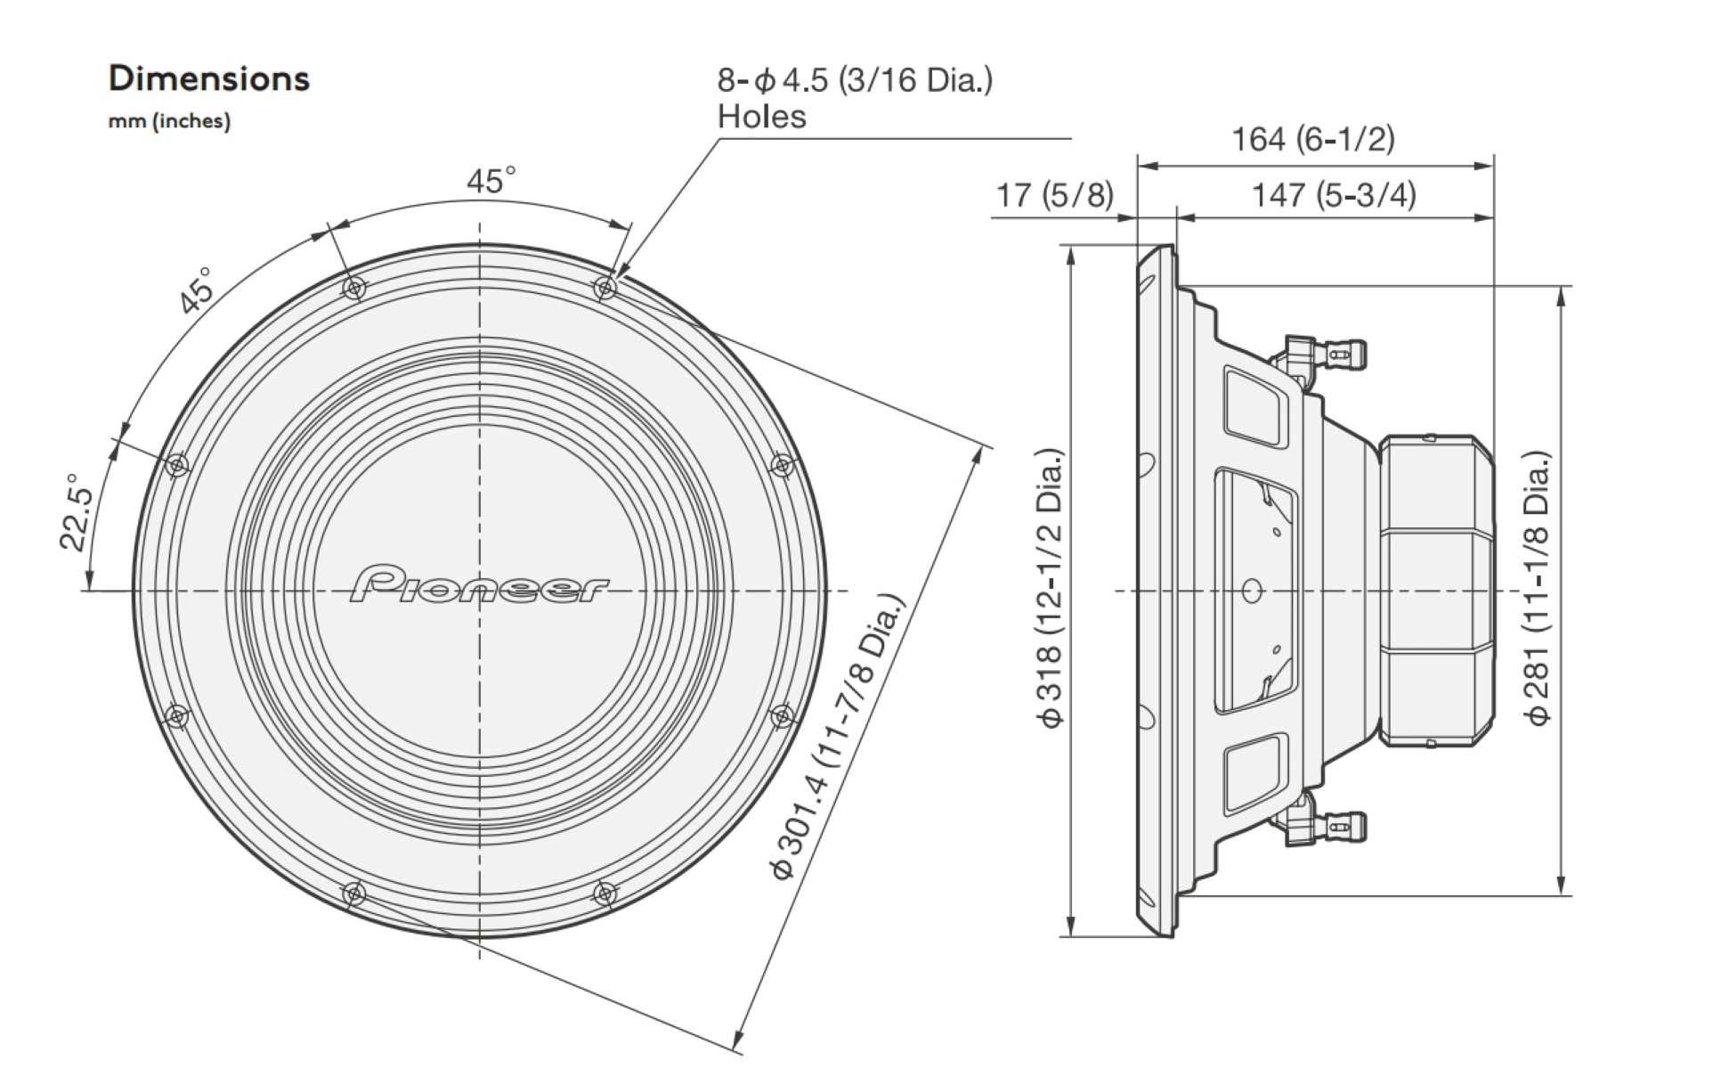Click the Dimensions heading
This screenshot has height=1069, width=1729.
point(208,78)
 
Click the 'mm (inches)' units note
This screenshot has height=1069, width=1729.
point(169,121)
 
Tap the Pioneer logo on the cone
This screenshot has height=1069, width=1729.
point(480,584)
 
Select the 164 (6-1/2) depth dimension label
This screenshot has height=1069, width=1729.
point(1312,139)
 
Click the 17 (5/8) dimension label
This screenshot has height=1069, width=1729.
point(1054,194)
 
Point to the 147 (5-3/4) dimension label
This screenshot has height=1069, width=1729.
point(1333,194)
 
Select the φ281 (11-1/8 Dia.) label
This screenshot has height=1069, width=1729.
point(1538,589)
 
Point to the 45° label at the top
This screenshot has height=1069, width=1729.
point(491,181)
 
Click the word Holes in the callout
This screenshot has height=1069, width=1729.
point(761,117)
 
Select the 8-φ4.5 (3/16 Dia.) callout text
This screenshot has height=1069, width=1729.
point(855,80)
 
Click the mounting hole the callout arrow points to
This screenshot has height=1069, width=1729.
point(605,288)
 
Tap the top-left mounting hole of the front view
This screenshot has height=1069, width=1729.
point(354,288)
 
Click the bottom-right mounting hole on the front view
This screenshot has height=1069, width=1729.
point(605,893)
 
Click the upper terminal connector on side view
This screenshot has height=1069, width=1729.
point(1327,354)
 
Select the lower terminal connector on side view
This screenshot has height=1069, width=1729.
point(1327,827)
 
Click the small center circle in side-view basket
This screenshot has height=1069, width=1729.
point(1252,590)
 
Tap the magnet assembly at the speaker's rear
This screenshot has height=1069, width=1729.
point(1435,590)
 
